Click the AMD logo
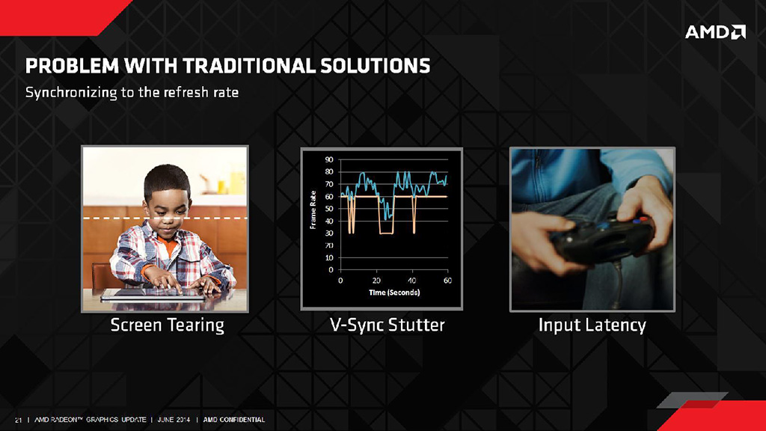pos(715,32)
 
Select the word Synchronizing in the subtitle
pos(71,92)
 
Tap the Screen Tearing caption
pos(167,325)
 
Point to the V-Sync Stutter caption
pos(387,325)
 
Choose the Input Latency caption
pos(592,325)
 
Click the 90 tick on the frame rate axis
pos(329,160)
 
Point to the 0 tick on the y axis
pos(331,269)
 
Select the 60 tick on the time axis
pos(447,281)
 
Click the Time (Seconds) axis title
pos(394,293)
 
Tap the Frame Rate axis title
pos(313,210)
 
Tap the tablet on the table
pos(153,295)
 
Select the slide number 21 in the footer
pos(19,420)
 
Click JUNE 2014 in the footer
pos(174,420)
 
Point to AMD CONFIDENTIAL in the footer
pos(234,420)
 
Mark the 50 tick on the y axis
pos(329,209)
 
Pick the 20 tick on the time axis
pos(376,281)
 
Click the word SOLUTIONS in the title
pos(376,66)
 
